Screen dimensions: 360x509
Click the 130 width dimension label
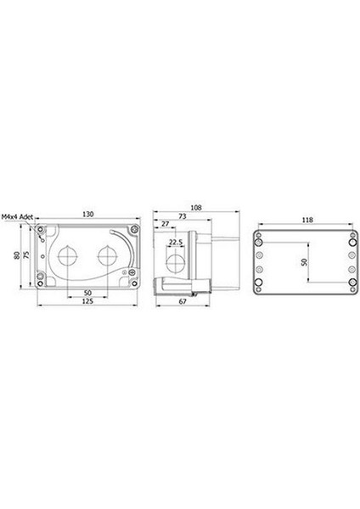click(x=87, y=215)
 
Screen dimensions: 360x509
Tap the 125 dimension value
click(x=87, y=301)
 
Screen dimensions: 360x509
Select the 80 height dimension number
click(x=17, y=255)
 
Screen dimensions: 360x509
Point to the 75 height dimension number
click(x=26, y=255)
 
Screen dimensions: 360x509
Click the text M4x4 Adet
click(x=17, y=217)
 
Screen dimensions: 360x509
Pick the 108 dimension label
click(x=196, y=208)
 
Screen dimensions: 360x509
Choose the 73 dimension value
click(x=183, y=216)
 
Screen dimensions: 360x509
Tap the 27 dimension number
click(x=166, y=224)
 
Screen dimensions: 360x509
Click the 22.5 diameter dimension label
click(x=176, y=242)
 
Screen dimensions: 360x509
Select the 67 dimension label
click(x=183, y=301)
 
